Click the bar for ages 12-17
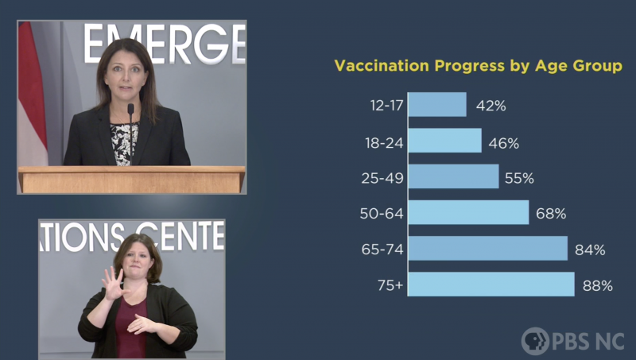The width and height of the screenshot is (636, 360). pyautogui.click(x=437, y=105)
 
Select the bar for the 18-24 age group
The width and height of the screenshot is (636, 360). pyautogui.click(x=445, y=141)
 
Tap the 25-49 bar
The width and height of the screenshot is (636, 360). pyautogui.click(x=453, y=176)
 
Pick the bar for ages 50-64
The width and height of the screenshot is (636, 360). pyautogui.click(x=468, y=212)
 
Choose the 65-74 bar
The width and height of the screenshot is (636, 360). pyautogui.click(x=488, y=248)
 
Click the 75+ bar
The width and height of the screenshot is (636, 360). pyautogui.click(x=491, y=285)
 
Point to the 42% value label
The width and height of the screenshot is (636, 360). pyautogui.click(x=491, y=106)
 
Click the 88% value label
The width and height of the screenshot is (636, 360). pyautogui.click(x=598, y=286)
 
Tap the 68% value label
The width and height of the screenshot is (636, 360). pyautogui.click(x=551, y=214)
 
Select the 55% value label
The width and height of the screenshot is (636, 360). pyautogui.click(x=519, y=178)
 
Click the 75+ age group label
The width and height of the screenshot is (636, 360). pyautogui.click(x=390, y=285)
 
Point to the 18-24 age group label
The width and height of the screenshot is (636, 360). pyautogui.click(x=384, y=143)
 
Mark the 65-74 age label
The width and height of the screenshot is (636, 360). pyautogui.click(x=382, y=250)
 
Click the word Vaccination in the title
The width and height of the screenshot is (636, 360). pyautogui.click(x=382, y=66)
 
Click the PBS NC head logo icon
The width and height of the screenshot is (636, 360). pyautogui.click(x=535, y=341)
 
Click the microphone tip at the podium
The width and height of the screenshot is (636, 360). pyautogui.click(x=130, y=109)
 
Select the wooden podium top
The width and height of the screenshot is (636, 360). pyautogui.click(x=132, y=170)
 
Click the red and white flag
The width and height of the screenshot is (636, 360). pyautogui.click(x=32, y=93)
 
